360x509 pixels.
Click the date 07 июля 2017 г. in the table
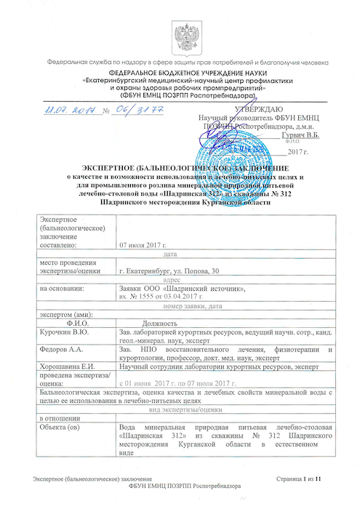point(148,245)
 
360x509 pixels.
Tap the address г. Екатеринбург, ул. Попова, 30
point(172,270)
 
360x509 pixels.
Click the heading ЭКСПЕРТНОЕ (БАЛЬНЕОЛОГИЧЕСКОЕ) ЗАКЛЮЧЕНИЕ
point(180,169)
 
